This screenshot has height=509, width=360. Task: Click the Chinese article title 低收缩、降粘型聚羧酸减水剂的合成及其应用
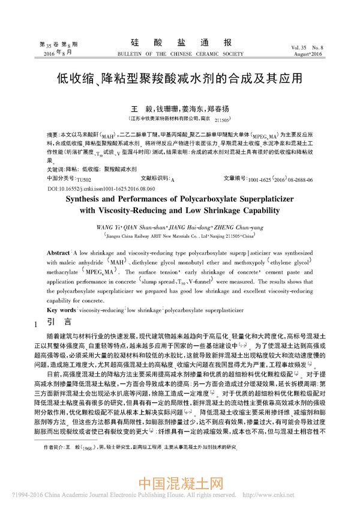pos(179,78)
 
